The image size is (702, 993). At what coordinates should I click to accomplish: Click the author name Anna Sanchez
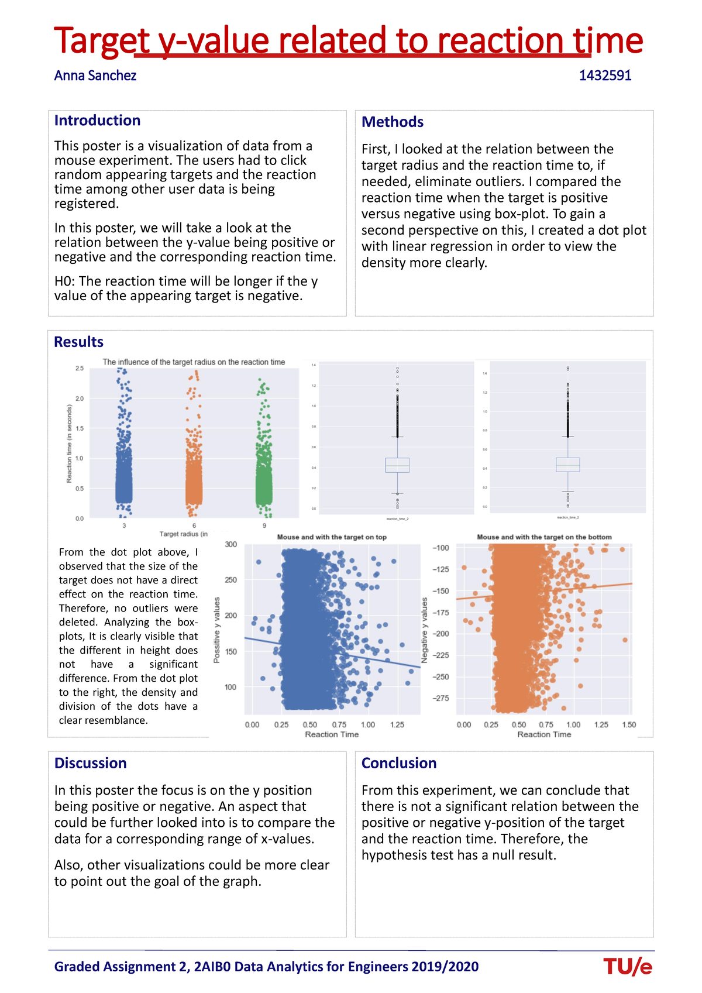[95, 75]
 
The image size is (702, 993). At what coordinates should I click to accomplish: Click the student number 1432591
[605, 75]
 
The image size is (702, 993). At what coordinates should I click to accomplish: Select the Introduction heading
[97, 121]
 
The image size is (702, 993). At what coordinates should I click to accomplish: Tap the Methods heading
[392, 122]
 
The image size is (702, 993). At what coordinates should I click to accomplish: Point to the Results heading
[78, 342]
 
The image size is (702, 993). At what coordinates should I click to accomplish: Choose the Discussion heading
[90, 763]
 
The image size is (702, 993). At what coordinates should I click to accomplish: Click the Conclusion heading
[398, 763]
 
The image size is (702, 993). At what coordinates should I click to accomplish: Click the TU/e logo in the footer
[627, 967]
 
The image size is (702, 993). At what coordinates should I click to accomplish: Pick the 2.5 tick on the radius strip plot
[80, 369]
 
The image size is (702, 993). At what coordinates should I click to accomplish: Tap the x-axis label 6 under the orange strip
[194, 525]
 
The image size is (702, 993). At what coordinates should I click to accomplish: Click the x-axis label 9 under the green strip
[264, 525]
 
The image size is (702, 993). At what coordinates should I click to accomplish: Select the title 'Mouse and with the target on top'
[332, 537]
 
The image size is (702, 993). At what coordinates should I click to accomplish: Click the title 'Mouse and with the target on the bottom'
[544, 537]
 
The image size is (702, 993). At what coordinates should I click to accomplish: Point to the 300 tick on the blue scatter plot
[231, 545]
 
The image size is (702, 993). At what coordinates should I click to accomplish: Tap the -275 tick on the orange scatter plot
[441, 699]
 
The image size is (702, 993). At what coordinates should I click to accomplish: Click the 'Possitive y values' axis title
[217, 630]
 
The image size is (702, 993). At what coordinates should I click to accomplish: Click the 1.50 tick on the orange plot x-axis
[629, 725]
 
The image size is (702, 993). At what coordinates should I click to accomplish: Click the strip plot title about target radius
[194, 362]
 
